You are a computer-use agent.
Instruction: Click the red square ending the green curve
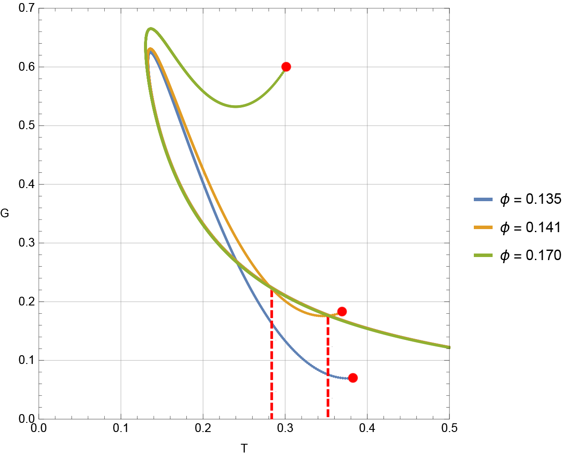click(x=286, y=67)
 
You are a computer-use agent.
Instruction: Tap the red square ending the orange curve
click(x=342, y=312)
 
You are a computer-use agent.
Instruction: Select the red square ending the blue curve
click(x=353, y=378)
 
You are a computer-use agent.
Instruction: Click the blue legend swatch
click(x=483, y=200)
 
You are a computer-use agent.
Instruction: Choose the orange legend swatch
click(x=483, y=227)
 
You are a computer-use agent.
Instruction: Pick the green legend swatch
click(x=483, y=255)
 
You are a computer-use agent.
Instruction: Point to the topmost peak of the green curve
click(x=151, y=29)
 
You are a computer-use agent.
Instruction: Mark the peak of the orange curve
click(x=150, y=49)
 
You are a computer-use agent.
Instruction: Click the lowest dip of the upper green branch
click(x=236, y=106)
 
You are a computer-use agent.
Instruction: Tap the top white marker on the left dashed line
click(x=274, y=299)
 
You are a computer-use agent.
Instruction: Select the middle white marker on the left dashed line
click(x=274, y=349)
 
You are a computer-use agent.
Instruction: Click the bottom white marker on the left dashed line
click(x=274, y=400)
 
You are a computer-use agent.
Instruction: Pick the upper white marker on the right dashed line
click(x=330, y=355)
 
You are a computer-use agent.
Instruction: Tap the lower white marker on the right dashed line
click(x=330, y=406)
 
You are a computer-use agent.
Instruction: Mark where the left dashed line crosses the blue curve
click(x=272, y=322)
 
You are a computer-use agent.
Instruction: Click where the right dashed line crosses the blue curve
click(x=328, y=374)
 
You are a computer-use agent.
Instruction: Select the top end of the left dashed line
click(x=271, y=287)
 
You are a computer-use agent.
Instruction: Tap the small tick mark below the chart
click(x=244, y=450)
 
